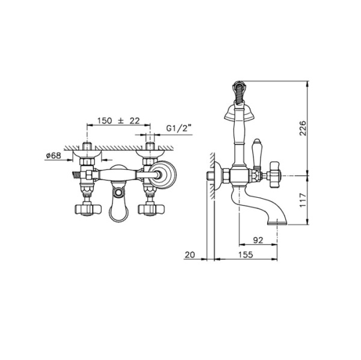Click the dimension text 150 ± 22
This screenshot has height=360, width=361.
[x=119, y=121]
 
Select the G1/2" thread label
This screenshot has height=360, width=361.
[x=179, y=128]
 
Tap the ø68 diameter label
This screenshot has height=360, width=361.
[x=54, y=156]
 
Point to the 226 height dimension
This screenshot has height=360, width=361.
[x=303, y=128]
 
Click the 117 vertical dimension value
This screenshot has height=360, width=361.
[x=303, y=200]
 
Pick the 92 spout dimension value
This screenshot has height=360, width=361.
[x=258, y=240]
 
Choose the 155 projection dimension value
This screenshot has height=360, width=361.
[x=245, y=255]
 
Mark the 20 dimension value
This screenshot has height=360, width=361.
[x=190, y=255]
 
